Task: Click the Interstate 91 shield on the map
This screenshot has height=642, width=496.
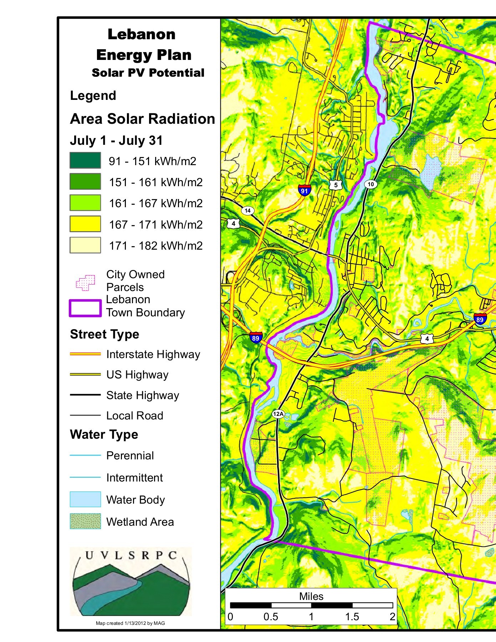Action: (x=304, y=190)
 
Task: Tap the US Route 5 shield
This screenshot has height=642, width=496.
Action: (x=336, y=185)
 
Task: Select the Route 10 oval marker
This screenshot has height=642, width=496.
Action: (x=371, y=184)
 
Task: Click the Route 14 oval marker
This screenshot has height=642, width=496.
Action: (x=247, y=210)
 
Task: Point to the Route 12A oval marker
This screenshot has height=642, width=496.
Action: (x=278, y=414)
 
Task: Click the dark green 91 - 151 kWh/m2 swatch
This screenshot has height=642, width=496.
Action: (x=85, y=160)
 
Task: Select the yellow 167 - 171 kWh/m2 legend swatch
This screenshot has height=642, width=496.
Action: (x=85, y=224)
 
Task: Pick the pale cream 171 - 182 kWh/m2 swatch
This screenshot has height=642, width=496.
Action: (x=85, y=245)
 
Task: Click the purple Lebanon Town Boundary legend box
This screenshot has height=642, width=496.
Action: (x=85, y=308)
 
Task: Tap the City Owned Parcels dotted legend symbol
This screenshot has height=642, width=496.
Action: (x=86, y=282)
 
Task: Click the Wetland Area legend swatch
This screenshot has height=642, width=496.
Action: (x=85, y=521)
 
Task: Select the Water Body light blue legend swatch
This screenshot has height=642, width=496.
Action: (x=85, y=499)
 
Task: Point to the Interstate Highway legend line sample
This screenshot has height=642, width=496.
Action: (x=85, y=354)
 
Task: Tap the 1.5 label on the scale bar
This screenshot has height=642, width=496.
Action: (x=352, y=617)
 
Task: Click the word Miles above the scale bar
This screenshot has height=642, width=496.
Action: (x=311, y=596)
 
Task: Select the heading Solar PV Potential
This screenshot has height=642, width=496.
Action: (x=148, y=73)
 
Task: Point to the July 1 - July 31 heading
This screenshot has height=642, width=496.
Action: (x=116, y=141)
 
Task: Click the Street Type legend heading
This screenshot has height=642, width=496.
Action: (x=104, y=334)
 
